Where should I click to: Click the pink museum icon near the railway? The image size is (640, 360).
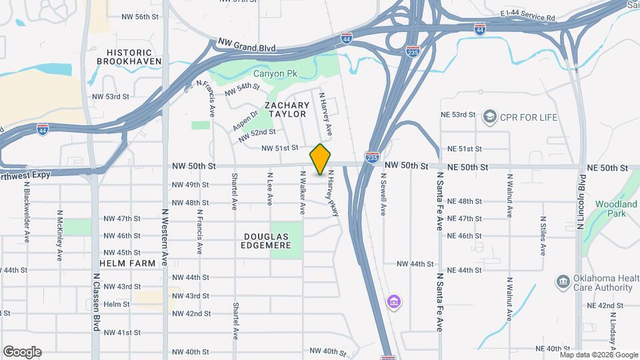pos(394,302)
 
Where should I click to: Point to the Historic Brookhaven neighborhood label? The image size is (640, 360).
pos(129,56)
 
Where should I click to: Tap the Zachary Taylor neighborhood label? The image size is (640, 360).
pos(287,110)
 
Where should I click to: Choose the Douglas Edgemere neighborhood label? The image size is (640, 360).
pos(267,241)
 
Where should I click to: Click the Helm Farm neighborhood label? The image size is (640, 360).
pos(127,263)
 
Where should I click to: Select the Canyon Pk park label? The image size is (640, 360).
pos(274,73)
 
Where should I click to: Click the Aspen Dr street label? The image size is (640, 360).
pos(244,117)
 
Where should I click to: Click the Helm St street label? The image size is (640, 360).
pos(117,304)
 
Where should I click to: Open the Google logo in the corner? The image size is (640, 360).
pos(22,351)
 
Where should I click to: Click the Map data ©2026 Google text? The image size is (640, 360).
pos(599,355)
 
